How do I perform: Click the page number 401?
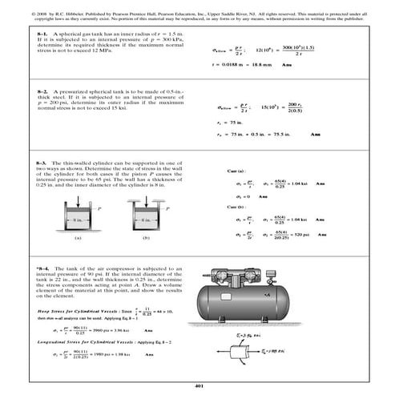(199, 386)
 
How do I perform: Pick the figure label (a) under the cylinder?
(78, 238)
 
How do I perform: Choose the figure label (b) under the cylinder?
(145, 238)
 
